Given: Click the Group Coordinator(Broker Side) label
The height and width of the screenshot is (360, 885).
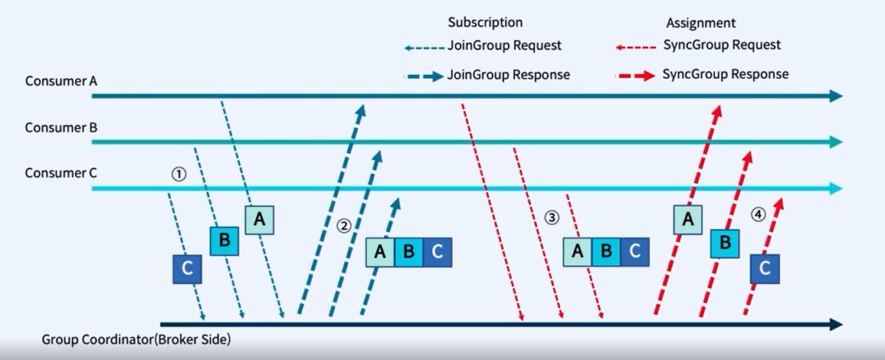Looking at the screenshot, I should [x=136, y=339].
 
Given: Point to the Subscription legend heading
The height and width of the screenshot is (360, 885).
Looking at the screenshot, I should [x=485, y=23].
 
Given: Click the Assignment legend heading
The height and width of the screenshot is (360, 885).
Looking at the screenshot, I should [x=701, y=23].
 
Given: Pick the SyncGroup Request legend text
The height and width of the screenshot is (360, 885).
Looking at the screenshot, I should [x=721, y=45].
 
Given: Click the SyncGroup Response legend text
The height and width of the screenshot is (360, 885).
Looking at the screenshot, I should [x=725, y=75].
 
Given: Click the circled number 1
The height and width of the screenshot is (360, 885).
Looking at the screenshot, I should [x=178, y=174].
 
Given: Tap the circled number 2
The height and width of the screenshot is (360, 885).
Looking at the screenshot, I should [x=344, y=225].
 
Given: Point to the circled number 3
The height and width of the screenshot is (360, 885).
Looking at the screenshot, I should [x=552, y=217].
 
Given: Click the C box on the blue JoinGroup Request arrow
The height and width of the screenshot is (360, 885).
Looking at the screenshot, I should [x=187, y=270].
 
